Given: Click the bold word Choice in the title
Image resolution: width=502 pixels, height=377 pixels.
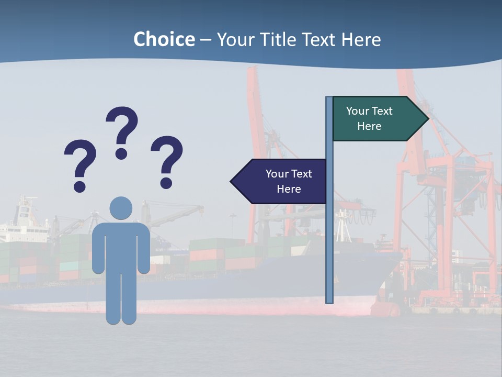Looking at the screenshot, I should (x=164, y=39).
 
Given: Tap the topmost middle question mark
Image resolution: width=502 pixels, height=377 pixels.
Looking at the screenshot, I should (x=122, y=126).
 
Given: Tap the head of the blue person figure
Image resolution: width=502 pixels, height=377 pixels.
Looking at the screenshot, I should (x=121, y=208).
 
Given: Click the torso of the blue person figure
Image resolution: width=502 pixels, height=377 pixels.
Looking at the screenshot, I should (x=121, y=246).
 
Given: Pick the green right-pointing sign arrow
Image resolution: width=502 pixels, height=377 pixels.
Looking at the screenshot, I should (x=376, y=119).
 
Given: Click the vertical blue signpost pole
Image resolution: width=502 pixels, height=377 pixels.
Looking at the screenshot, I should (x=329, y=236).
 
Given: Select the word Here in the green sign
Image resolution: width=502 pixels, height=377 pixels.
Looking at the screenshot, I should (x=369, y=126).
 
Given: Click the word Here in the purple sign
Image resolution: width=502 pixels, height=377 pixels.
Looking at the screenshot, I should (x=289, y=189).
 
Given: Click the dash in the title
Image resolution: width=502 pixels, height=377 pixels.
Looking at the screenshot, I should (x=206, y=40).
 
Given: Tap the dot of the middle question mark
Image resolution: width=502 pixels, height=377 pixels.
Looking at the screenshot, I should (x=121, y=153).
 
